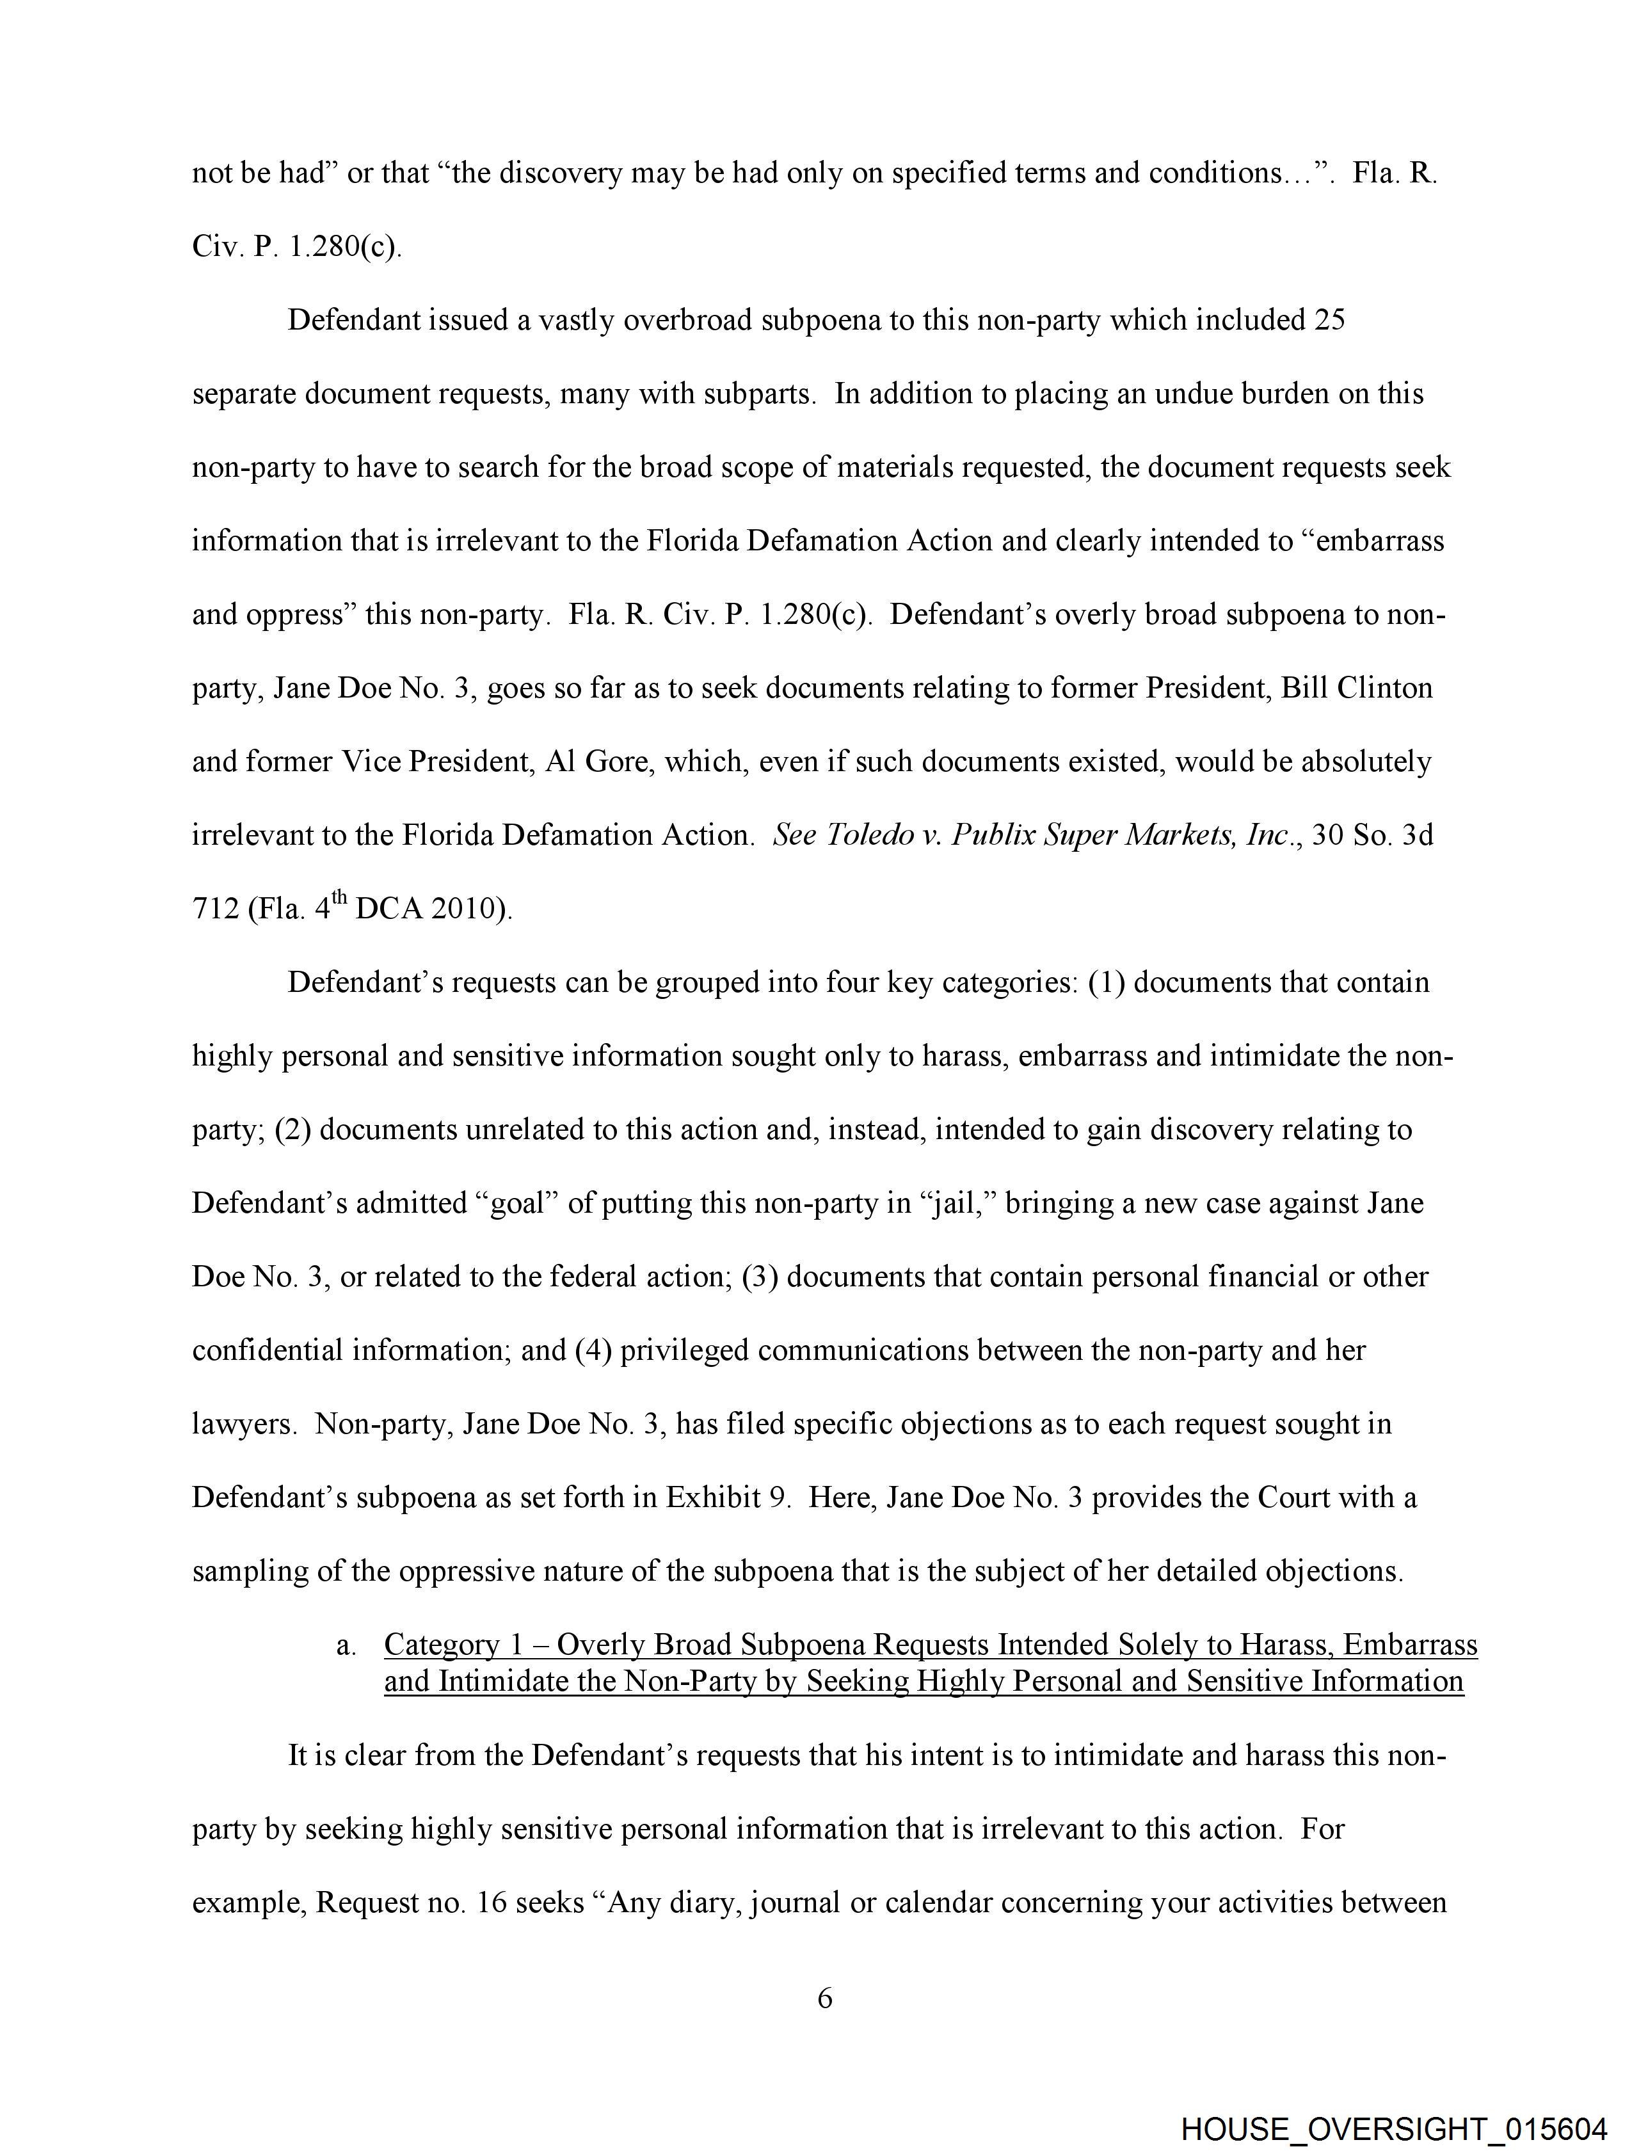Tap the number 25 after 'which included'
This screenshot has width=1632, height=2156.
pos(1330,321)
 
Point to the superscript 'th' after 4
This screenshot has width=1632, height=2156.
pos(337,900)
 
